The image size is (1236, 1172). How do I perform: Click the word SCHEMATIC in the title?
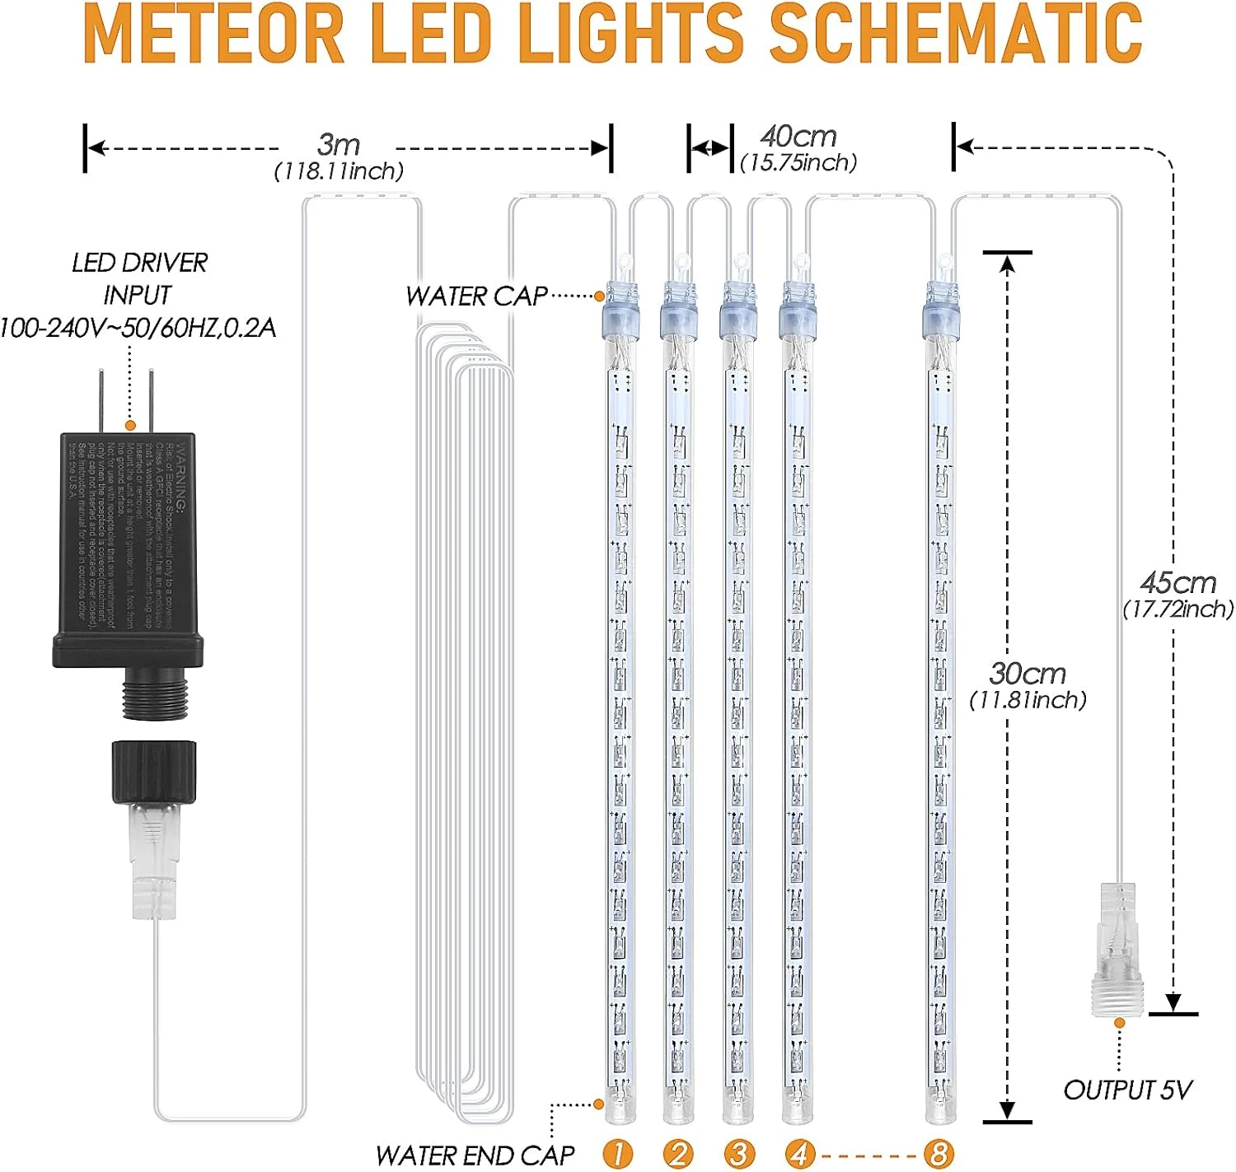956,35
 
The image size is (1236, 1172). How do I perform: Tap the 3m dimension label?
339,146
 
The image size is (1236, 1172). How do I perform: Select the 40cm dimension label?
798,137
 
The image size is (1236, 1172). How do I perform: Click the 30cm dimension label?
1028,675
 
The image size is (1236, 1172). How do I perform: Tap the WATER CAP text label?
476,297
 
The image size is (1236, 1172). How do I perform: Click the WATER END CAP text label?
475,1156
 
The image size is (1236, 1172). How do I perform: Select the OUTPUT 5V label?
1127,1090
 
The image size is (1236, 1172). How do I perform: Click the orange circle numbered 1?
618,1154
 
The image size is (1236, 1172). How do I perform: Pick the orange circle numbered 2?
678,1154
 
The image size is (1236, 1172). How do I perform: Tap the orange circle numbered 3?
738,1154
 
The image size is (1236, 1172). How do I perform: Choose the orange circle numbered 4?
798,1154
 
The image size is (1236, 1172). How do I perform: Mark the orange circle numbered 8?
939,1154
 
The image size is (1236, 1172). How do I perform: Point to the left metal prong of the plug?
101,400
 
